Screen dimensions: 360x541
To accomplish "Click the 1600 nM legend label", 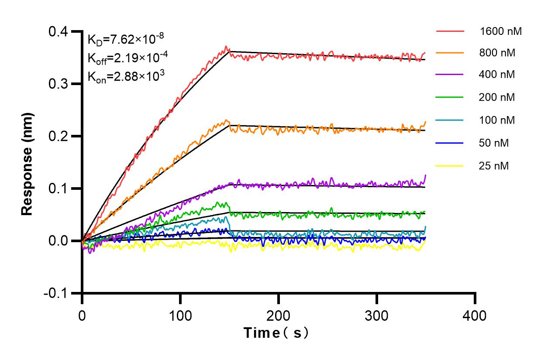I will pyautogui.click(x=500, y=31).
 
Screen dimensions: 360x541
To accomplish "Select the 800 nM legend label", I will pyautogui.click(x=497, y=53).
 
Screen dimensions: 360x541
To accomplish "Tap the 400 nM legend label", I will pyautogui.click(x=497, y=75).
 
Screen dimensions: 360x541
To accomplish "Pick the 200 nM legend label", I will pyautogui.click(x=497, y=97).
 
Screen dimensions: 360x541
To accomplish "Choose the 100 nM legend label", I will pyautogui.click(x=497, y=120).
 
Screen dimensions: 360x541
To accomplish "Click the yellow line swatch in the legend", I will pyautogui.click(x=449, y=166).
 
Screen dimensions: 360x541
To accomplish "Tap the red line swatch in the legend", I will pyautogui.click(x=449, y=31).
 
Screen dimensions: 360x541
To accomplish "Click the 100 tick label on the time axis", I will pyautogui.click(x=180, y=315).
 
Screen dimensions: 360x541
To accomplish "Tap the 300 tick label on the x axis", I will pyautogui.click(x=376, y=315).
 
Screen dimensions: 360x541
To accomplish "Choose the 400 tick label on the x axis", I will pyautogui.click(x=475, y=315).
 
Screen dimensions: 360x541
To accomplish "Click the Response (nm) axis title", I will pyautogui.click(x=28, y=164).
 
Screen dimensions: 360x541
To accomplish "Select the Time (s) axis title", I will pyautogui.click(x=277, y=333).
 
